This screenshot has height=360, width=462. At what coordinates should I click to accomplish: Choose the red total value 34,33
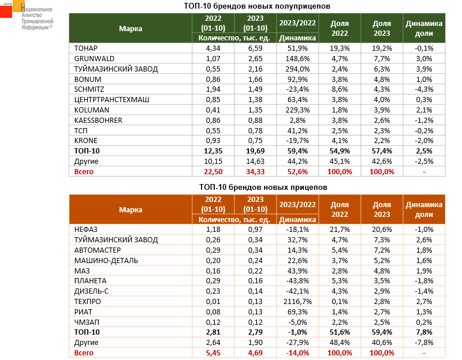(x=256, y=171)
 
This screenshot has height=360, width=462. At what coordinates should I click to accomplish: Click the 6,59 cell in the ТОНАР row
(x=256, y=48)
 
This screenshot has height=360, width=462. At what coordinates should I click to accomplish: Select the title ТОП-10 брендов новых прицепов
(x=255, y=187)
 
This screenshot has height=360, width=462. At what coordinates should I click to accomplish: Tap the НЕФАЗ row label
(x=87, y=230)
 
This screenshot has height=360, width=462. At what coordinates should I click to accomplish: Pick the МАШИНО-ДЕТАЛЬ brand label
(x=105, y=261)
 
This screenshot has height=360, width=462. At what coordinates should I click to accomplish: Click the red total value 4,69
(x=256, y=352)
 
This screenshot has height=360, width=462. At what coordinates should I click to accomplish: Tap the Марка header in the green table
(x=131, y=28)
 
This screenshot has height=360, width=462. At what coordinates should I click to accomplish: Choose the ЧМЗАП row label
(x=87, y=322)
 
